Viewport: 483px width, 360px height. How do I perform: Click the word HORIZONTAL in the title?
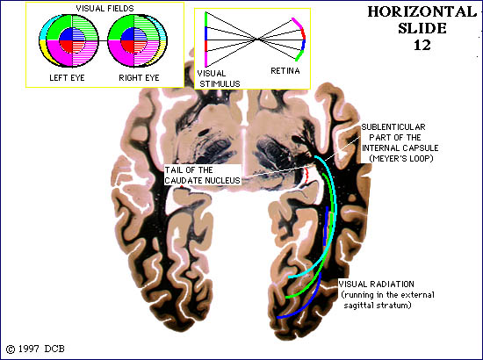[x=422, y=12]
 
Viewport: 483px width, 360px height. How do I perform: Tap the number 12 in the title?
[x=422, y=46]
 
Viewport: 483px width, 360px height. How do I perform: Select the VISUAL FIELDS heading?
[x=105, y=8]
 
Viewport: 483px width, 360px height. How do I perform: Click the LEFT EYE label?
[x=67, y=77]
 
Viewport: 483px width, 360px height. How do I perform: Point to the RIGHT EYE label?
[x=139, y=77]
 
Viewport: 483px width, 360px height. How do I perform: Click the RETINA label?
[x=285, y=71]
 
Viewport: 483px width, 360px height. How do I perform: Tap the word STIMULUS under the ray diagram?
[x=220, y=83]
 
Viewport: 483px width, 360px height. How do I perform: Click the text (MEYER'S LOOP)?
[x=401, y=159]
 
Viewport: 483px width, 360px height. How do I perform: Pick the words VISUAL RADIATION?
[x=376, y=284]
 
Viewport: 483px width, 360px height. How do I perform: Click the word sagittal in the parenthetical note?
[x=361, y=306]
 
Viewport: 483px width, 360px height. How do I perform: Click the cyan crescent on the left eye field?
[x=44, y=29]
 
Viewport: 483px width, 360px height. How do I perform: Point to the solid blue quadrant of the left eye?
[x=66, y=34]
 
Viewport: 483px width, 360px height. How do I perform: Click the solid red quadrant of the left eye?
[x=66, y=47]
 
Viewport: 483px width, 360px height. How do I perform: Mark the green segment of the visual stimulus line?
[x=206, y=19]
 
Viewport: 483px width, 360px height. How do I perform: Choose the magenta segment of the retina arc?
[x=298, y=24]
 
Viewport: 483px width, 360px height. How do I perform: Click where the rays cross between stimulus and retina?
[x=257, y=40]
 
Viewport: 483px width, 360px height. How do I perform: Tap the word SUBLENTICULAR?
[x=393, y=126]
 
